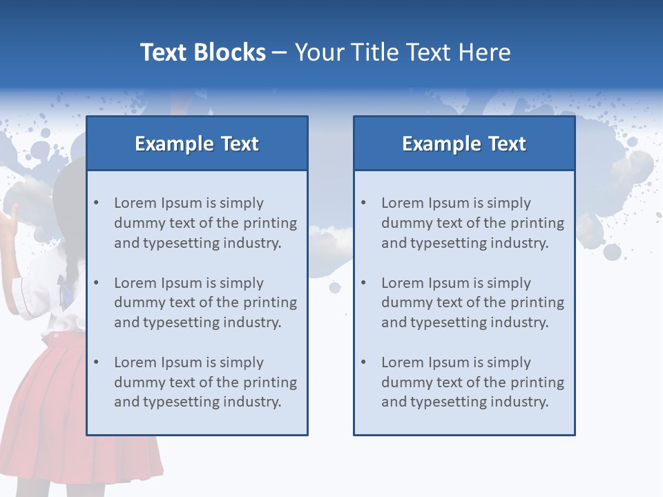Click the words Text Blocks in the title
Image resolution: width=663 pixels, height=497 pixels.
coord(202,52)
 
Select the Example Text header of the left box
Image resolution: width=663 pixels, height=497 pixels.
coord(197,144)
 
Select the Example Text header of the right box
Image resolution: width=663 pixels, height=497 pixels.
coord(464,144)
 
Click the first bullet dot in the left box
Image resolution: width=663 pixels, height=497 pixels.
coord(96,203)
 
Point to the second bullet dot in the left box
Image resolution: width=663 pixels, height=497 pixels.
coord(96,283)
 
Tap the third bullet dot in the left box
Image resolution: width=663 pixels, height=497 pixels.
coord(96,362)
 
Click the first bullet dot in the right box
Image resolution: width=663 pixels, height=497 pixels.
coord(363,203)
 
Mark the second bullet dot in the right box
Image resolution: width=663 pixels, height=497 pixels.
coord(363,283)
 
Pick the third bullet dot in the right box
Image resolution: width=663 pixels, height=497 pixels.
coord(363,362)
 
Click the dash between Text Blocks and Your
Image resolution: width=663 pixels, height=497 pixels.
coord(280,53)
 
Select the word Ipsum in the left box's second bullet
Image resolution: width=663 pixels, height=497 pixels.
coord(182,283)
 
